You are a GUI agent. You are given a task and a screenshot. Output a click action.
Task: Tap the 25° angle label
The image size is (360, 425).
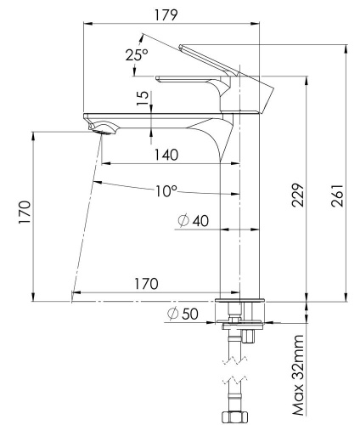point(136,54)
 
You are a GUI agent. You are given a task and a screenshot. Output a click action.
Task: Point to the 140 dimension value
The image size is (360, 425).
point(167,154)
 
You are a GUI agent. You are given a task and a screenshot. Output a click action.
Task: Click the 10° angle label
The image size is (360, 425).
point(166,191)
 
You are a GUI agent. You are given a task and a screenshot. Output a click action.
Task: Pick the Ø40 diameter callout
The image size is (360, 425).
point(193,221)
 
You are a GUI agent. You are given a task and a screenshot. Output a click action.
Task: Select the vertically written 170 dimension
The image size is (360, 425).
point(25,216)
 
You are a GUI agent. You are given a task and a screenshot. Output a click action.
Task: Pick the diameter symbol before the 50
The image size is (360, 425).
point(172,314)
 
